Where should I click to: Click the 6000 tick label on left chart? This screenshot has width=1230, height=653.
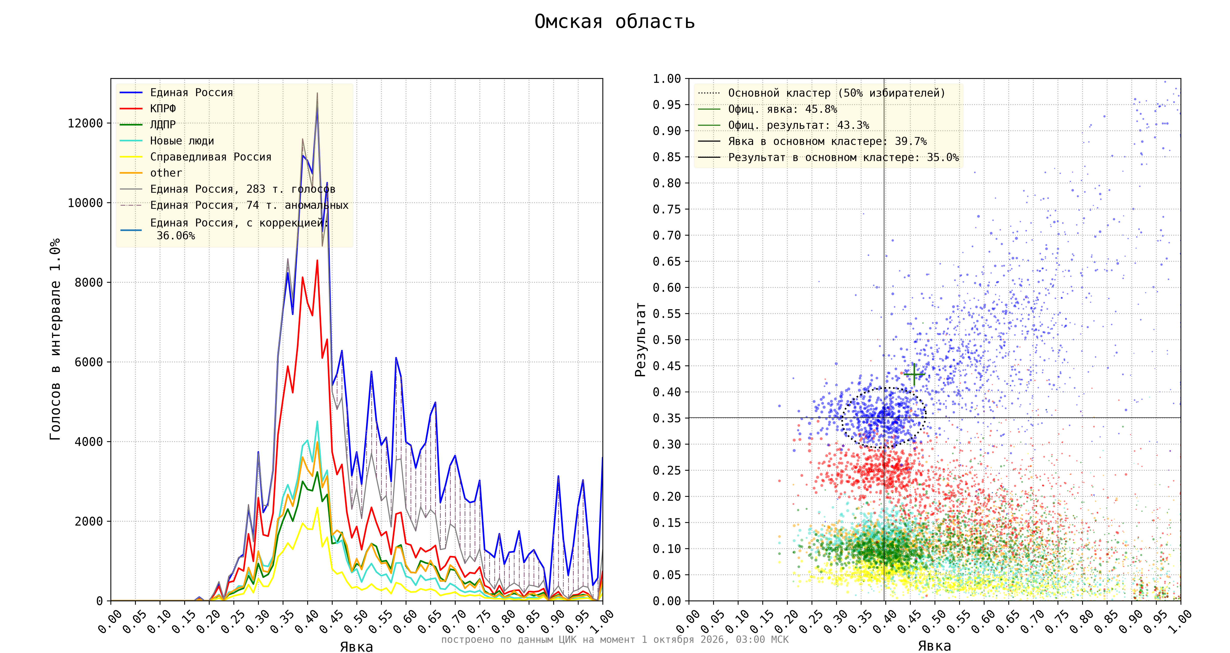(89, 362)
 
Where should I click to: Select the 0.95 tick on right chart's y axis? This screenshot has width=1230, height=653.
(667, 104)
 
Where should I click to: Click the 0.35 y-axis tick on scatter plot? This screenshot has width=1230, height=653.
(667, 418)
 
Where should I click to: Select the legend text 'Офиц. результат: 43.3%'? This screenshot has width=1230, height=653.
(799, 125)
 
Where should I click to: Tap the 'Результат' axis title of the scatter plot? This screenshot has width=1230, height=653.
(640, 339)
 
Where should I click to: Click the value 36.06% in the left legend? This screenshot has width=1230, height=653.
(176, 236)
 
